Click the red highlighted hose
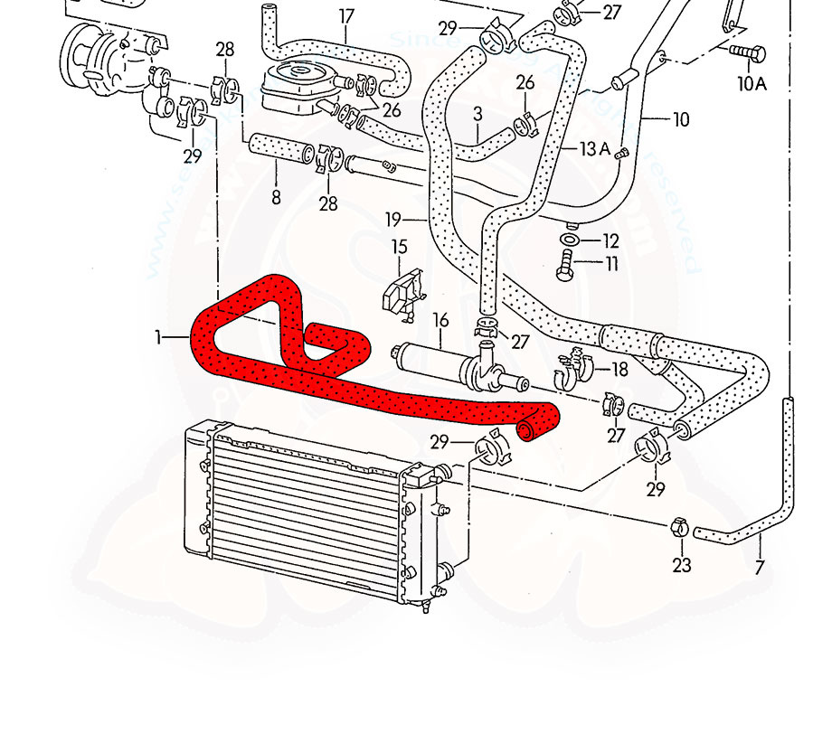point(362,389)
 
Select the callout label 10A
point(752,84)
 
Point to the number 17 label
point(345,15)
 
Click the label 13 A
point(595,148)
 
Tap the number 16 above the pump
point(440,320)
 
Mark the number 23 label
point(681,565)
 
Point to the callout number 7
point(759,568)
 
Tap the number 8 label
point(276,196)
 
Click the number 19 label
point(392,219)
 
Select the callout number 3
point(477,114)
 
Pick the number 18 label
point(619,369)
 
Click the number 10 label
point(681,118)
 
